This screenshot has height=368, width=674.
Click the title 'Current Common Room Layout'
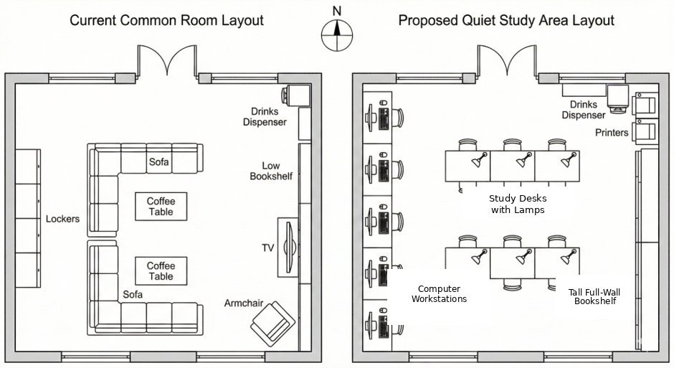click(x=167, y=20)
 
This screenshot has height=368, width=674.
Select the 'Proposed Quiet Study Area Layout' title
click(x=506, y=20)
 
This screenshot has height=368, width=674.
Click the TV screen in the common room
click(x=289, y=247)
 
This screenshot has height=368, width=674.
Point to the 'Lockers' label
click(x=63, y=219)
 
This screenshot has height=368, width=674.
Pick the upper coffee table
click(x=161, y=207)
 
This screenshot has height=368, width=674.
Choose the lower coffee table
click(x=161, y=271)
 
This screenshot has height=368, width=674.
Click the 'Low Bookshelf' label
click(x=271, y=171)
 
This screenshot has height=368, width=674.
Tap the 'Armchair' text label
click(x=244, y=303)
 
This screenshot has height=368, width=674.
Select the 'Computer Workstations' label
click(x=439, y=293)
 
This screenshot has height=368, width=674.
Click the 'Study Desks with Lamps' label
click(x=518, y=204)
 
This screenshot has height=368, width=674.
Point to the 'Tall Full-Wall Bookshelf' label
click(x=594, y=297)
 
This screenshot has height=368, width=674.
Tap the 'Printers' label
click(x=612, y=133)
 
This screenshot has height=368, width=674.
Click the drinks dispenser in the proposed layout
click(x=617, y=99)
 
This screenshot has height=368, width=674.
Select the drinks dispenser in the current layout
click(x=296, y=95)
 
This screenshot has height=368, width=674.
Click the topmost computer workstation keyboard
click(x=384, y=119)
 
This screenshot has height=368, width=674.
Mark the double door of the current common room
click(x=167, y=61)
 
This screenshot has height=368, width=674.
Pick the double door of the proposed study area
click(x=507, y=61)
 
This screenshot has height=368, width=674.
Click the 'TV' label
click(x=267, y=248)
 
